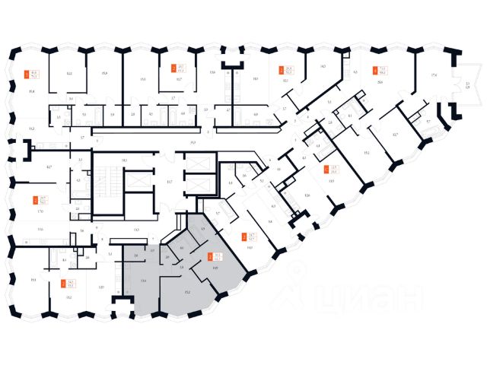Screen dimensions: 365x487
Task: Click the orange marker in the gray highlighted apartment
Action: pyautogui.click(x=209, y=256)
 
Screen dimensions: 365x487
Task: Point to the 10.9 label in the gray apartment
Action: pyautogui.click(x=215, y=269)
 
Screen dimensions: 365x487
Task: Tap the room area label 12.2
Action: pyautogui.click(x=68, y=74)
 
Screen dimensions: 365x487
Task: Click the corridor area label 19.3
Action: pyautogui.click(x=194, y=142)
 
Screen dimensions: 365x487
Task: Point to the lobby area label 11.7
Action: pyautogui.click(x=170, y=182)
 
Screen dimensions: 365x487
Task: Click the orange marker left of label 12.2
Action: pyautogui.click(x=26, y=75)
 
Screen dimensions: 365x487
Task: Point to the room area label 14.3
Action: pyautogui.click(x=322, y=67)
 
